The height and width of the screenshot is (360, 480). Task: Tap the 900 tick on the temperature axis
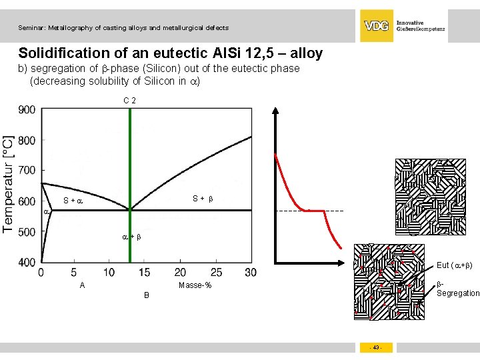tap(27, 109)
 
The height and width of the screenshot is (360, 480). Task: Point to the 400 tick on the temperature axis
tap(27, 262)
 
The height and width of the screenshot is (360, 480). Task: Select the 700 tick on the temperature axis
tap(27, 171)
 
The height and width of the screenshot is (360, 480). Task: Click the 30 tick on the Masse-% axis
tap(250, 273)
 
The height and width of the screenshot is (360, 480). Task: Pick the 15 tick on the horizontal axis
tap(144, 273)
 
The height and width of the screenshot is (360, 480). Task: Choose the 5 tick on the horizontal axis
tap(73, 273)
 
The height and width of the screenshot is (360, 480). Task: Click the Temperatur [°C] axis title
tap(9, 184)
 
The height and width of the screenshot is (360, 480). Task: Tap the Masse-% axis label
tap(195, 285)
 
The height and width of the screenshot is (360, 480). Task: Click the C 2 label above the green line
tap(130, 101)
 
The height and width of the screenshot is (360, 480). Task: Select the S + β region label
tap(203, 198)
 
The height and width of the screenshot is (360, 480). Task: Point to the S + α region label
tap(73, 201)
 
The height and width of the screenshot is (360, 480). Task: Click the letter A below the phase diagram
tap(82, 285)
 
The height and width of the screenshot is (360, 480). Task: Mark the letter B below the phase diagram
tap(147, 295)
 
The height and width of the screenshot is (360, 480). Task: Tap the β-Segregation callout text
tap(457, 289)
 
